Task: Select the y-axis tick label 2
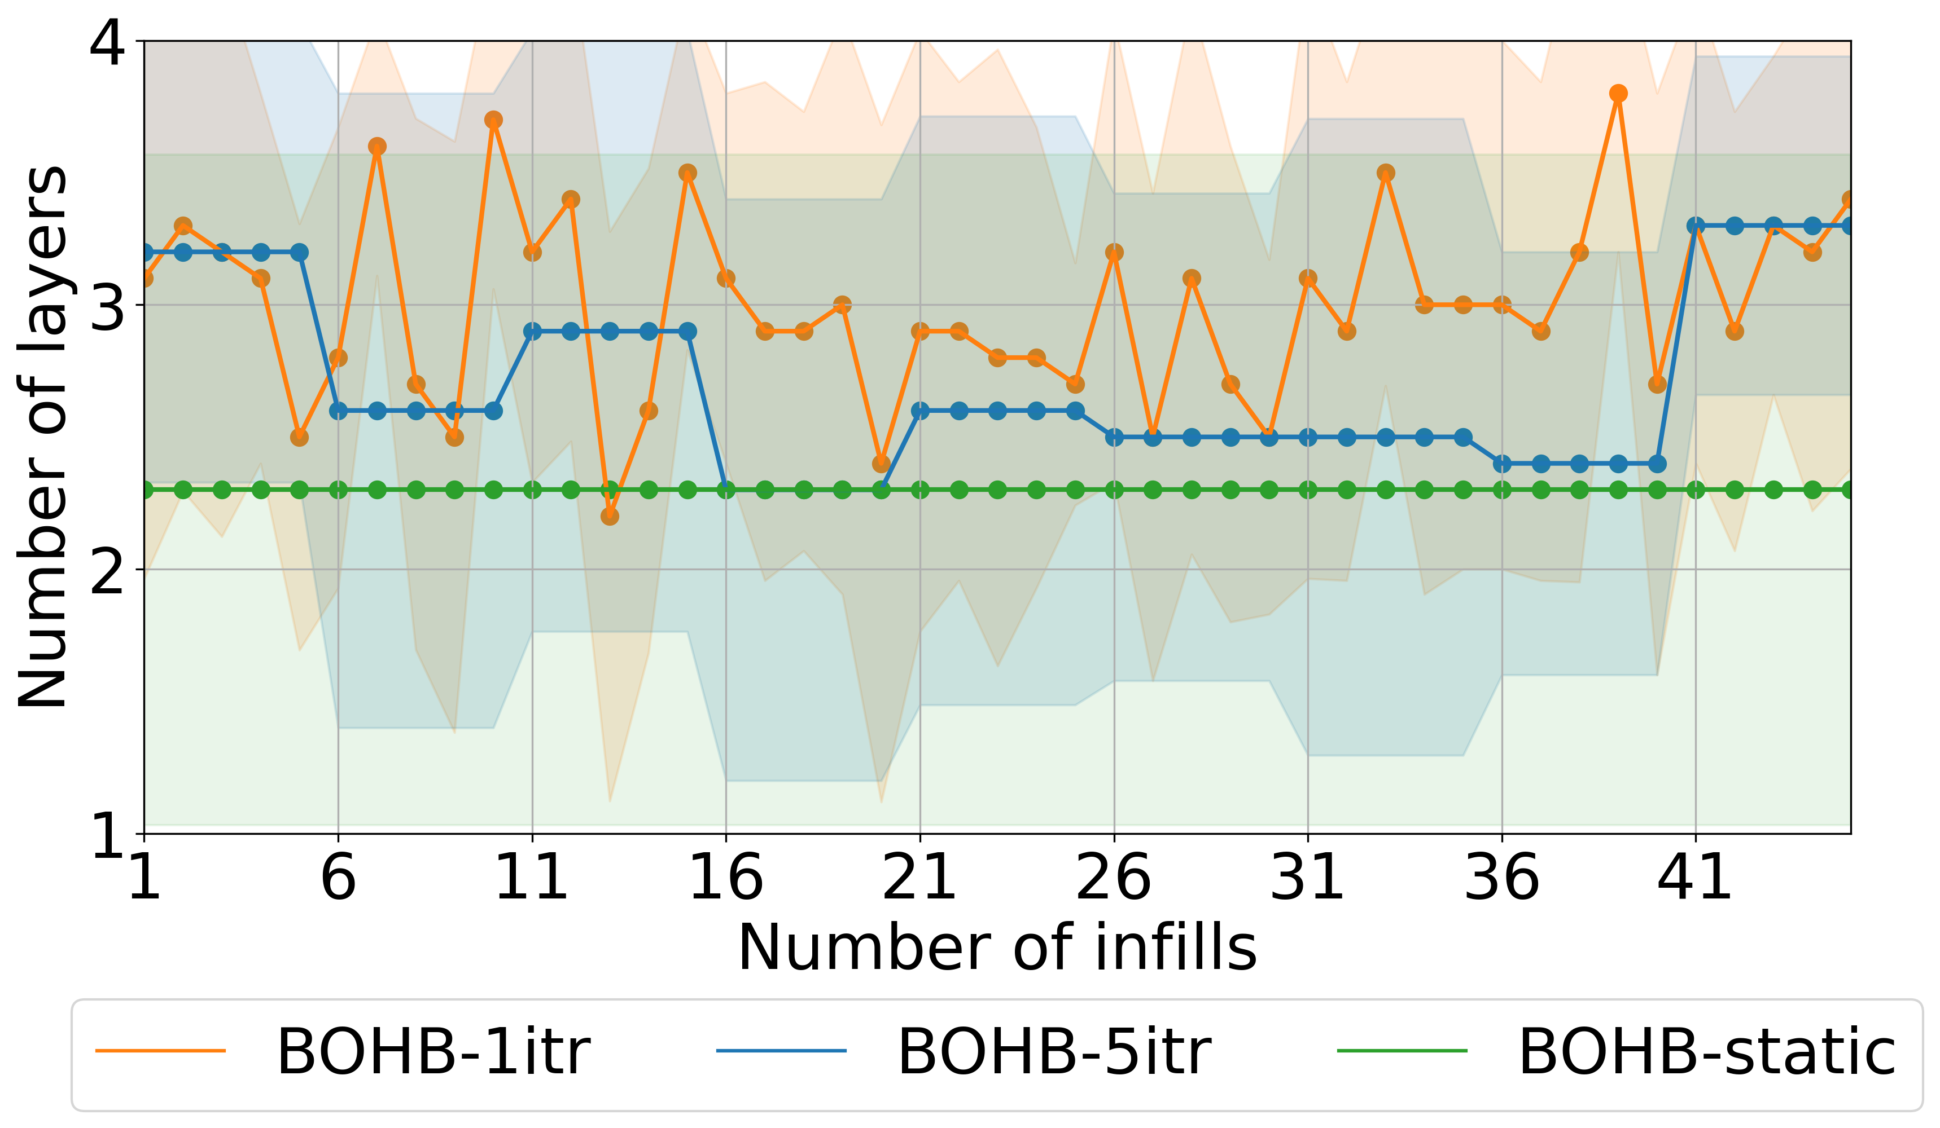tap(108, 570)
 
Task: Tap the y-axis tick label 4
tap(108, 42)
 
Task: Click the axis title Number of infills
tap(997, 949)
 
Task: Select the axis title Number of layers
tap(42, 437)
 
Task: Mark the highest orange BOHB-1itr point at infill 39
tap(1618, 94)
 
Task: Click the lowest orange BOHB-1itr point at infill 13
tap(610, 516)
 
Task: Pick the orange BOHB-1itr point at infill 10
tap(493, 120)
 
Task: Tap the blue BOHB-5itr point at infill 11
tap(532, 332)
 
